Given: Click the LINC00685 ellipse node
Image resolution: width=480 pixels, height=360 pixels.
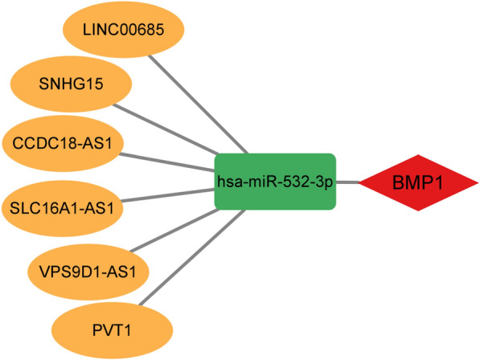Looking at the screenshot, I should click(124, 29).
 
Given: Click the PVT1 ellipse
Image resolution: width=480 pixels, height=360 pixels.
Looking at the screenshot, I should click(112, 329).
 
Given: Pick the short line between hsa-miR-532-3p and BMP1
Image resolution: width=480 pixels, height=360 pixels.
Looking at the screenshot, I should click(347, 182).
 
